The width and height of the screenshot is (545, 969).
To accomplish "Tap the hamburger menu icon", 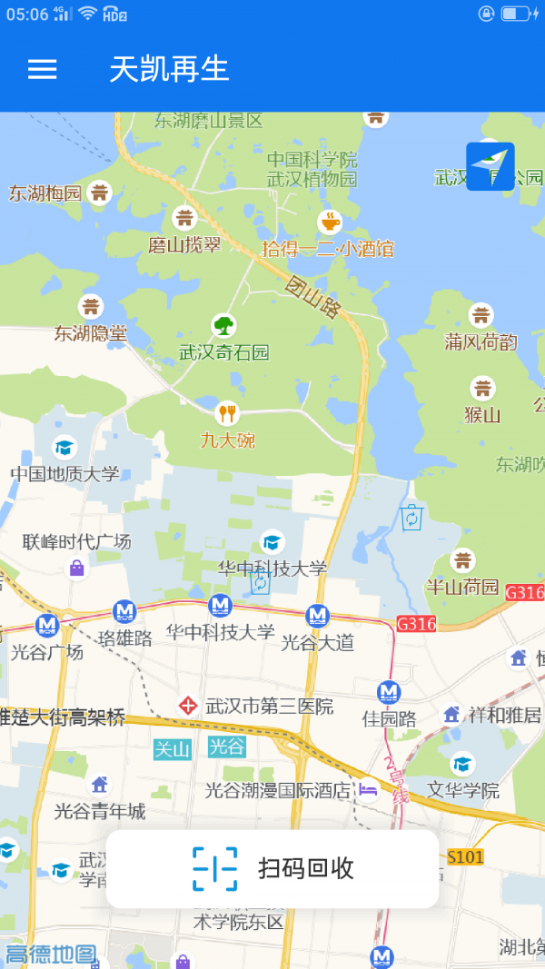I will [43, 69].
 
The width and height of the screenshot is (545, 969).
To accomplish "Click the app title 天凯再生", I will [169, 69].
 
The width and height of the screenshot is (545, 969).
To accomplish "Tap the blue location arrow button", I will [490, 166].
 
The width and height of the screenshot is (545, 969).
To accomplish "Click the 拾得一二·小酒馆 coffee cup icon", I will [329, 221].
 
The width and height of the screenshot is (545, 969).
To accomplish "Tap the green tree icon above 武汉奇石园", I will [223, 325].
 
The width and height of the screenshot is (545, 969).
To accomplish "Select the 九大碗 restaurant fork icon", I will [226, 413].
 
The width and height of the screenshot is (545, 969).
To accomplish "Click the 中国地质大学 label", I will [64, 474].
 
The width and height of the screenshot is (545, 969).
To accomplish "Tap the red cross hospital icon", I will [188, 705].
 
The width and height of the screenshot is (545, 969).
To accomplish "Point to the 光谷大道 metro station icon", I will [317, 616].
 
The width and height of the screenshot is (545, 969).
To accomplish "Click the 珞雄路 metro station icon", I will [124, 612].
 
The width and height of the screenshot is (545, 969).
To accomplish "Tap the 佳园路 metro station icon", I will [389, 692].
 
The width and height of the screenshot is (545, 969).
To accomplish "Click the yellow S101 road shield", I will [466, 856].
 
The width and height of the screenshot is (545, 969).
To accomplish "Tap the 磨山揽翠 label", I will [184, 245].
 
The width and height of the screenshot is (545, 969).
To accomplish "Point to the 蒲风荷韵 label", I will [481, 342].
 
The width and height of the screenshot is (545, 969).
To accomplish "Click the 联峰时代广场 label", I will [77, 542].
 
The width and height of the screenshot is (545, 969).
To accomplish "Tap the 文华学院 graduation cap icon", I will [462, 764].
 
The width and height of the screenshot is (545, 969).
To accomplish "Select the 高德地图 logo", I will [51, 954].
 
